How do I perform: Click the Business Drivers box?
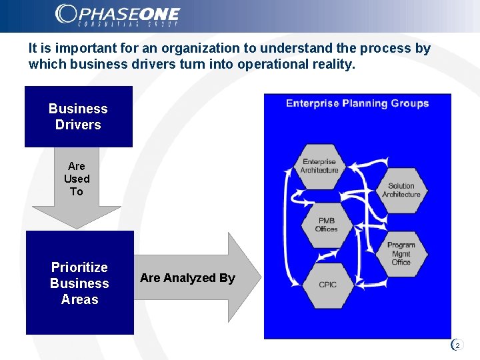[x=78, y=117]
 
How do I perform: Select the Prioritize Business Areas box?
[x=79, y=283]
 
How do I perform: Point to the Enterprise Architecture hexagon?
[x=319, y=166]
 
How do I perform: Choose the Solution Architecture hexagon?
[x=401, y=190]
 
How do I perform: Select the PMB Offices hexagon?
[x=327, y=225]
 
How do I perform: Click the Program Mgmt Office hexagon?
[x=401, y=253]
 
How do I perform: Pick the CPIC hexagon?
[x=327, y=285]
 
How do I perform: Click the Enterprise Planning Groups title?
[x=357, y=103]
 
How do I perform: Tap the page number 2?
[x=457, y=345]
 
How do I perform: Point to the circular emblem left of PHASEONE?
[x=66, y=13]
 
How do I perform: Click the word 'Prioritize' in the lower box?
[x=79, y=267]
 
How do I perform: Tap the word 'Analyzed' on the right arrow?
[x=189, y=278]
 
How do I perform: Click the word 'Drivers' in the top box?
[x=78, y=125]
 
